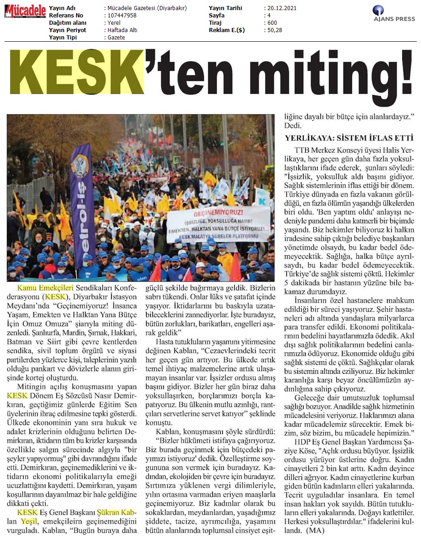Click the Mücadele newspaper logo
coord(26,11)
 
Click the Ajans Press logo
coord(394,14)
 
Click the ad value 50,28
coord(276,30)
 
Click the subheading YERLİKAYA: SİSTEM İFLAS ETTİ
coord(350,137)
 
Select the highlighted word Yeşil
coord(28,521)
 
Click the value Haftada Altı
coord(122,30)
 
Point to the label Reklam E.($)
coord(228,30)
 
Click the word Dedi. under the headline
coord(293,125)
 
